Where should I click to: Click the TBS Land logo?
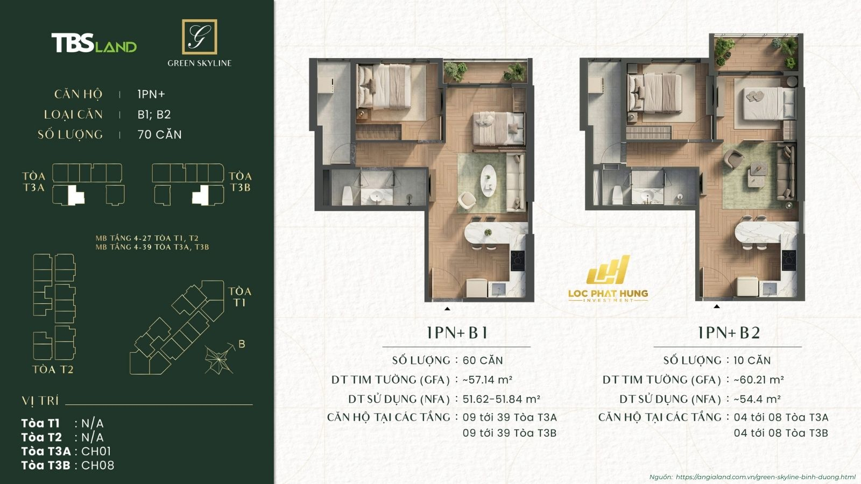coord(94,44)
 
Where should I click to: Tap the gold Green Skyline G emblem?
coord(199,37)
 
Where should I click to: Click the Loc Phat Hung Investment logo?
coord(608,279)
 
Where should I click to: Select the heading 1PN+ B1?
coord(457,333)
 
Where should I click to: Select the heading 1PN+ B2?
coord(728,333)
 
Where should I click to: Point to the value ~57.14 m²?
coord(487,380)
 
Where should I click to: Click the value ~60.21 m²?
coord(758,380)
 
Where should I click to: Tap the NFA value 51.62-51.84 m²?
coord(501,399)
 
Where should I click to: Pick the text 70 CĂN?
coord(159,134)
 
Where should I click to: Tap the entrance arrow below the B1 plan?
coord(447,309)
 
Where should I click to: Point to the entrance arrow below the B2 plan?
coord(716,307)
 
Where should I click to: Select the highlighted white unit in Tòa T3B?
coord(201,195)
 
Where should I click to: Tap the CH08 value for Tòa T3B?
coord(97,465)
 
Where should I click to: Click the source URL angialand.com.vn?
coord(765,477)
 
